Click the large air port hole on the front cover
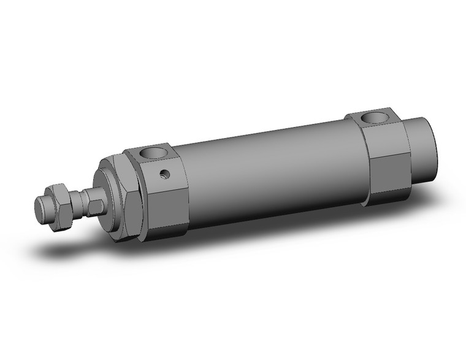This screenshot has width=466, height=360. click(154, 153)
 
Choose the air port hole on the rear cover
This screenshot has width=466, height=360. click(375, 117)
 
